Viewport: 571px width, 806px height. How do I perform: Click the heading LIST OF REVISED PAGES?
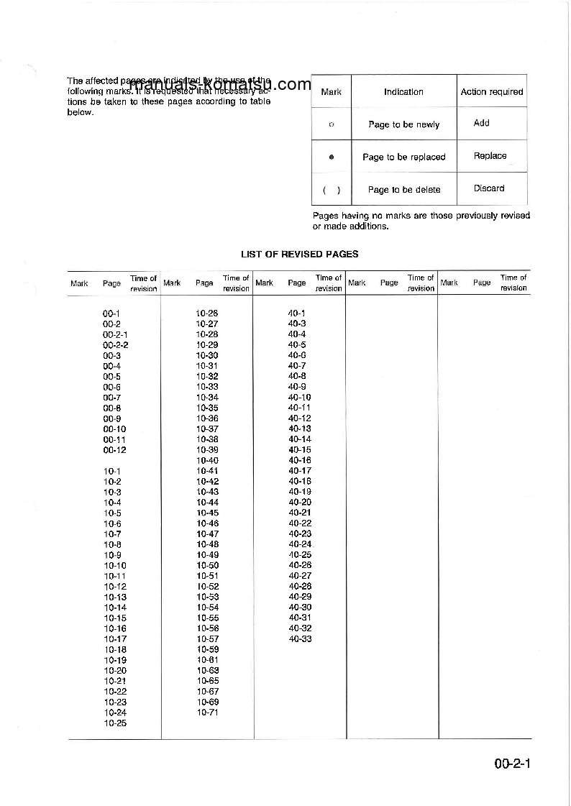pyautogui.click(x=299, y=254)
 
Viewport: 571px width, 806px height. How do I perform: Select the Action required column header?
pyautogui.click(x=491, y=92)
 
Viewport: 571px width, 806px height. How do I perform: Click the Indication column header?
pyautogui.click(x=403, y=92)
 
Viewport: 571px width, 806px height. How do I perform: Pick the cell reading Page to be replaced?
pyautogui.click(x=403, y=157)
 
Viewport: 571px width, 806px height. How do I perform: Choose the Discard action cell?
pyautogui.click(x=489, y=188)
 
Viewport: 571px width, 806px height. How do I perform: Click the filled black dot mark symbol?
pyautogui.click(x=331, y=157)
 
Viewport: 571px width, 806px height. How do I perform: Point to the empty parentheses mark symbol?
pyautogui.click(x=332, y=190)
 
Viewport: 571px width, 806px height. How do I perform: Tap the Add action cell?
pyautogui.click(x=482, y=123)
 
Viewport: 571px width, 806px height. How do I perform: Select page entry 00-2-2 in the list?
pyautogui.click(x=115, y=345)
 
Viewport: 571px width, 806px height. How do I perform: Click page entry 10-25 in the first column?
pyautogui.click(x=115, y=723)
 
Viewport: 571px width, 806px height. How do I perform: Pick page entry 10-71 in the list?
pyautogui.click(x=208, y=713)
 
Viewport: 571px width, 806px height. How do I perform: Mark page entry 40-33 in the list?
pyautogui.click(x=300, y=639)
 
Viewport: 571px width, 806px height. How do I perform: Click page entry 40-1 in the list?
pyautogui.click(x=297, y=313)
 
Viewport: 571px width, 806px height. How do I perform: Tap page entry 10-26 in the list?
pyautogui.click(x=207, y=313)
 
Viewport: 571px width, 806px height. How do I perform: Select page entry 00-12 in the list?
pyautogui.click(x=114, y=450)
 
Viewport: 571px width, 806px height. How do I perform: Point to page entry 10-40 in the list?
pyautogui.click(x=208, y=461)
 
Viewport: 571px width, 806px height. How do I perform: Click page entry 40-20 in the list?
pyautogui.click(x=300, y=503)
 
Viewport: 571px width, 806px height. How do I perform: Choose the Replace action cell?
pyautogui.click(x=490, y=156)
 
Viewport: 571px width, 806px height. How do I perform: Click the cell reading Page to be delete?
pyautogui.click(x=403, y=190)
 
